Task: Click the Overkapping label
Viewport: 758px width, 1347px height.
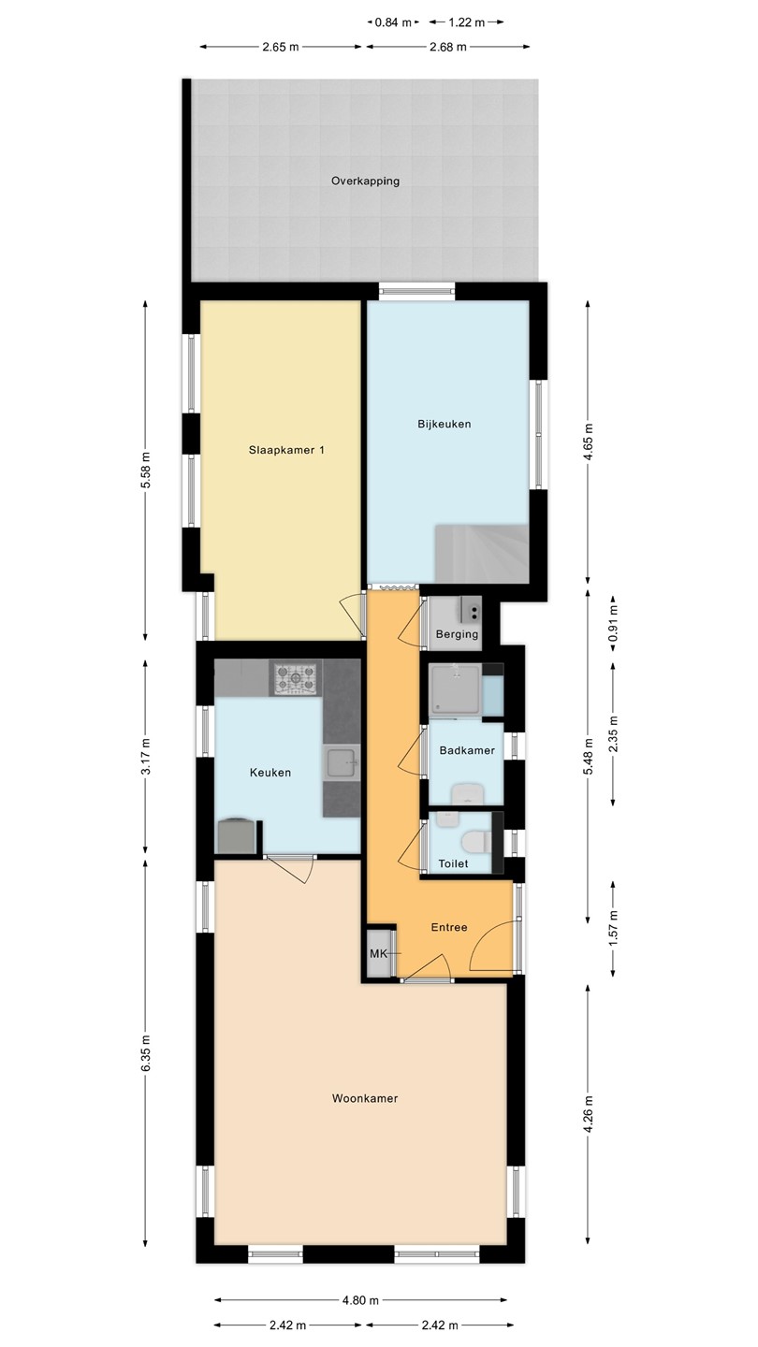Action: pyautogui.click(x=365, y=181)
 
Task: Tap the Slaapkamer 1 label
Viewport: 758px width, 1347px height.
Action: pyautogui.click(x=286, y=450)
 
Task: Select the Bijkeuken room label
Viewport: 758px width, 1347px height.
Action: pyautogui.click(x=444, y=424)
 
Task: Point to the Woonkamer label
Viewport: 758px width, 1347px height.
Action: pyautogui.click(x=365, y=1098)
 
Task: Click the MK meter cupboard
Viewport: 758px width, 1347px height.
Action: pyautogui.click(x=378, y=954)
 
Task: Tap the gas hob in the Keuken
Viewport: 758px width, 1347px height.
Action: pyautogui.click(x=296, y=678)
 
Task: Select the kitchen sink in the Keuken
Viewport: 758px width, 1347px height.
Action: pyautogui.click(x=341, y=763)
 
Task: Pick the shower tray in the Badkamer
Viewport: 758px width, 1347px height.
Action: pyautogui.click(x=455, y=689)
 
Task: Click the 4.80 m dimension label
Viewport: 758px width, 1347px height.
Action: pyautogui.click(x=360, y=1300)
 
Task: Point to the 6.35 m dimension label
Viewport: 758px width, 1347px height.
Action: pyautogui.click(x=145, y=1053)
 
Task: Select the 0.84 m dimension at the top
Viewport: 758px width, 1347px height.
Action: pyautogui.click(x=393, y=22)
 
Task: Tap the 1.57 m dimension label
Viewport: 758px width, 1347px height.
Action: pyautogui.click(x=613, y=929)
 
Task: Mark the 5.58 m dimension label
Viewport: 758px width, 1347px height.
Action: pyautogui.click(x=145, y=470)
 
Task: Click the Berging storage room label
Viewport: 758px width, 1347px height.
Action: pyautogui.click(x=458, y=634)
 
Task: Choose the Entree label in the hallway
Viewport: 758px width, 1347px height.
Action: pyautogui.click(x=449, y=927)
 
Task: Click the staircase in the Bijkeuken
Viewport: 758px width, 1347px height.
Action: pyautogui.click(x=481, y=553)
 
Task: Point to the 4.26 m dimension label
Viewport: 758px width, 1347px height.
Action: pyautogui.click(x=589, y=1112)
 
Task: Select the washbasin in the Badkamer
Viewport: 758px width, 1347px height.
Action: pyautogui.click(x=468, y=794)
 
